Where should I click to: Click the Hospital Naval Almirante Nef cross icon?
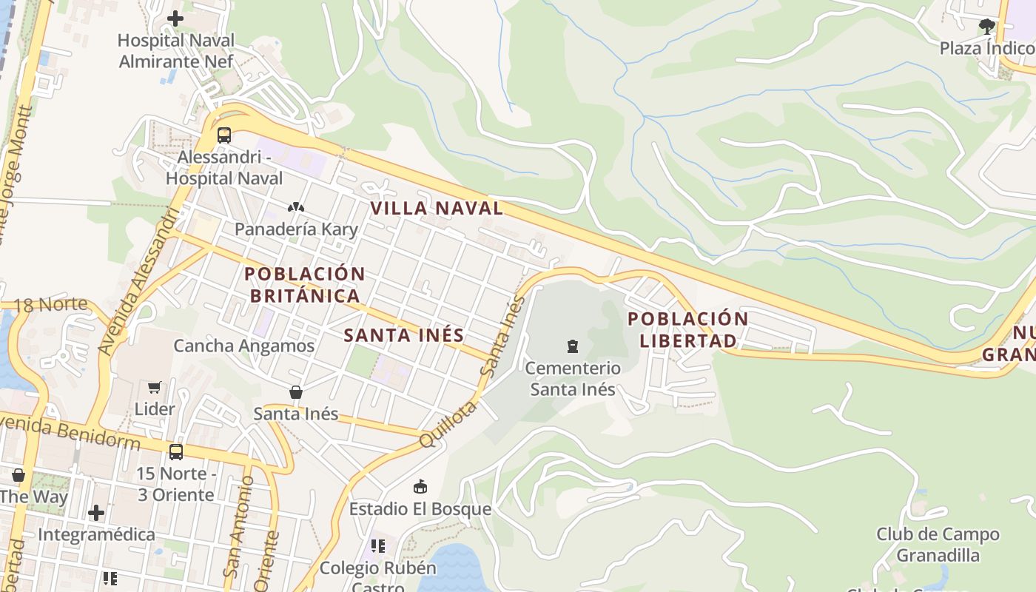[175, 18]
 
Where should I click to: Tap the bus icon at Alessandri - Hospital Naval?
[224, 135]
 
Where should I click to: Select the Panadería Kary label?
[296, 229]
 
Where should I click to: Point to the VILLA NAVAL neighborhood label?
[437, 209]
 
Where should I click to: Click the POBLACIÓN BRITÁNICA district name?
[305, 285]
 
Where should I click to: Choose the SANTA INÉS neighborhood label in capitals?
[404, 335]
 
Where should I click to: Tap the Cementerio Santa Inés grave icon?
[572, 346]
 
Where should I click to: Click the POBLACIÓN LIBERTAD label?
[688, 330]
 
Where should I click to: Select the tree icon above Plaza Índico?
[986, 27]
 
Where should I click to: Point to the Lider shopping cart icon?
[155, 388]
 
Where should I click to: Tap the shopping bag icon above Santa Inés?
[296, 392]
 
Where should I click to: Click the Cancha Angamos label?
[243, 346]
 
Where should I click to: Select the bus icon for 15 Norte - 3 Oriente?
[176, 451]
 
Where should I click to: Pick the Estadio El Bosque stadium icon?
[420, 486]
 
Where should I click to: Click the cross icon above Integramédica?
[96, 512]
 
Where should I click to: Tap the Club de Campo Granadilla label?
[938, 545]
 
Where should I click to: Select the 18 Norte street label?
[50, 304]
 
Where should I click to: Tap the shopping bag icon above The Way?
[18, 475]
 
